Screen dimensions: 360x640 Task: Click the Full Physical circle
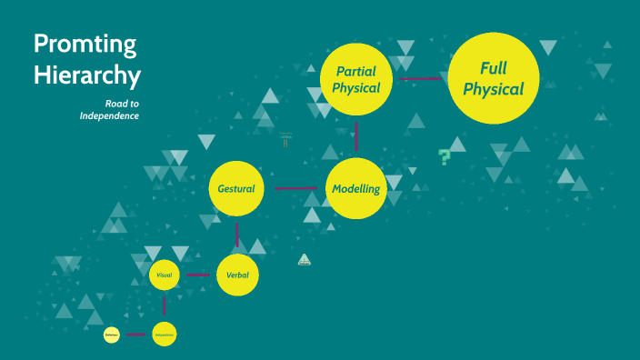495,78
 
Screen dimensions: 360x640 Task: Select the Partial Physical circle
356,79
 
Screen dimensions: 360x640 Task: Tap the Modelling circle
356,188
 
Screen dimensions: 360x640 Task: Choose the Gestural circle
237,188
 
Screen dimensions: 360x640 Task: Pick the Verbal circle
237,275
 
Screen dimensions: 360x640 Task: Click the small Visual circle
164,274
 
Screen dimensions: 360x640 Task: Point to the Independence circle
164,335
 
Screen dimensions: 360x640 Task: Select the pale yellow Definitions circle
111,335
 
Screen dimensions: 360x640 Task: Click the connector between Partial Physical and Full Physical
421,78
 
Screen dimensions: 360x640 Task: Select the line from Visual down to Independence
164,305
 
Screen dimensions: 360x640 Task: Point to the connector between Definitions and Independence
136,335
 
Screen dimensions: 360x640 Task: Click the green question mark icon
445,156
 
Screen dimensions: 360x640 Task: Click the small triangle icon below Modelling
305,260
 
